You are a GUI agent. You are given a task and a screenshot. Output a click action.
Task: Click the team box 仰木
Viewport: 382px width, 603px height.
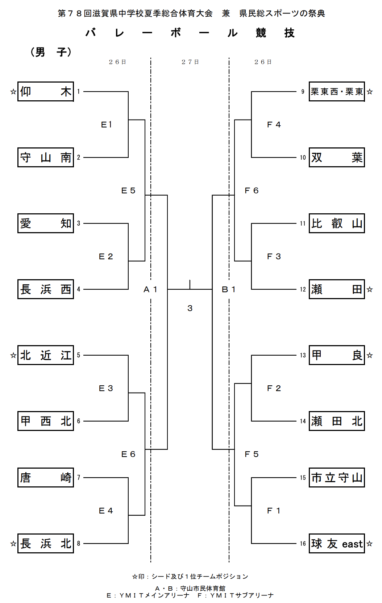(x=46, y=92)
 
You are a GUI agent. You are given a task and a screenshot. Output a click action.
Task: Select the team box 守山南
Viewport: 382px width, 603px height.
(x=46, y=158)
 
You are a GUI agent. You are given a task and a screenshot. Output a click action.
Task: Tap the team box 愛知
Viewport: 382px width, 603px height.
(x=46, y=223)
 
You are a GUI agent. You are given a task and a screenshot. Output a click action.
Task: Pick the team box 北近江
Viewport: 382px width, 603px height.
(x=46, y=355)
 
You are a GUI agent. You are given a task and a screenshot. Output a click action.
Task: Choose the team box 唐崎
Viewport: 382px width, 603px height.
(x=46, y=478)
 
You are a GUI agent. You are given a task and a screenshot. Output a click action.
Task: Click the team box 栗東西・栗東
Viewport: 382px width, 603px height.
(x=337, y=92)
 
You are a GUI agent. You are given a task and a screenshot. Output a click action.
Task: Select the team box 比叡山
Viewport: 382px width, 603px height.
(x=337, y=223)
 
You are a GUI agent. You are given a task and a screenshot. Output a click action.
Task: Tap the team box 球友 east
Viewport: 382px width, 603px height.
(x=337, y=544)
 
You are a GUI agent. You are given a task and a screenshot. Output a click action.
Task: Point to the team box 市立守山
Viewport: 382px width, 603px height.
(x=337, y=478)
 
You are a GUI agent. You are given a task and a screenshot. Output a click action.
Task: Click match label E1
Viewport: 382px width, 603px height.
(x=107, y=125)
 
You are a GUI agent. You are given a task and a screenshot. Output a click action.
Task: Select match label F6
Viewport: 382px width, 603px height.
(x=252, y=190)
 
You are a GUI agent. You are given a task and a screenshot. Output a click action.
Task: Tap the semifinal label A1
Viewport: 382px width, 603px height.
(x=150, y=289)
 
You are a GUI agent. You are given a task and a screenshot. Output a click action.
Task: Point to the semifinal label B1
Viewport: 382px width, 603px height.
(x=229, y=289)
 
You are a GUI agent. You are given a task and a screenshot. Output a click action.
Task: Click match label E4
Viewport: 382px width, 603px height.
(x=106, y=511)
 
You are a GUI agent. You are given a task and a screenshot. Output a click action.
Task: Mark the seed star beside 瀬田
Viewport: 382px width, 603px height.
(x=370, y=289)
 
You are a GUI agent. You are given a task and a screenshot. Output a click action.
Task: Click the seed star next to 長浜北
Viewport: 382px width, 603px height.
(x=13, y=544)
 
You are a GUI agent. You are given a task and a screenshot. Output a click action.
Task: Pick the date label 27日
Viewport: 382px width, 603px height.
(x=190, y=62)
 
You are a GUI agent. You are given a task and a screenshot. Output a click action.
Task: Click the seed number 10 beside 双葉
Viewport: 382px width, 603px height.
(x=303, y=158)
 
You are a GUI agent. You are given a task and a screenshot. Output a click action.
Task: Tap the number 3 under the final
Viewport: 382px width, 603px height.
(x=190, y=308)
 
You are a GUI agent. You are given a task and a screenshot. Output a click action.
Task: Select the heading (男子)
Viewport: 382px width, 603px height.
(x=51, y=52)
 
